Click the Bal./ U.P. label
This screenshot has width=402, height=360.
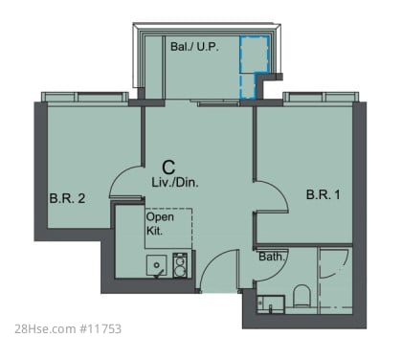pos(194,47)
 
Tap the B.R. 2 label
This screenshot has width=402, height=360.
pos(67,198)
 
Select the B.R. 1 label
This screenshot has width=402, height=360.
pos(324,194)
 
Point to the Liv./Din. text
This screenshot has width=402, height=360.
pos(175,183)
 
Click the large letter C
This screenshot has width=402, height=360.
pos(168,167)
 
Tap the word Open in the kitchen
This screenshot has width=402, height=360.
pos(160,217)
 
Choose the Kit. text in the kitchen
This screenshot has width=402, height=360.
pos(154,231)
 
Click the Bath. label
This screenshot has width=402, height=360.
pos(272,257)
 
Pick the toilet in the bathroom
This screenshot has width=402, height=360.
pos(301,295)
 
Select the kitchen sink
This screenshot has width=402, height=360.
pos(156,265)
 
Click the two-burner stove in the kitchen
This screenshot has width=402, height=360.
pos(180,265)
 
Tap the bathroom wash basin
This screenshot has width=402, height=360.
pos(271,304)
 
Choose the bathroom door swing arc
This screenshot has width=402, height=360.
pos(280,271)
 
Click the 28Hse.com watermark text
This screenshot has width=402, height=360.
pos(45,329)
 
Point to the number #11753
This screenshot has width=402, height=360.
pos(100,329)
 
